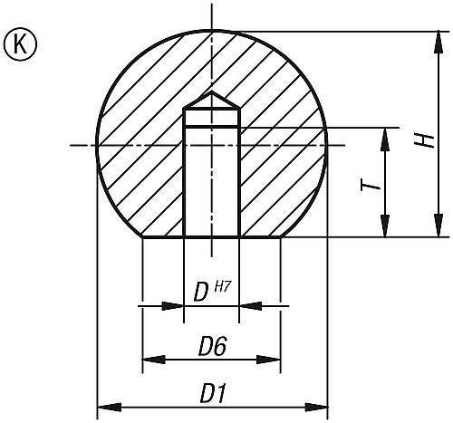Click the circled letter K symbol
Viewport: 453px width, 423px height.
tap(16, 42)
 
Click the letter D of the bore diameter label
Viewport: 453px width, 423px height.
tap(202, 293)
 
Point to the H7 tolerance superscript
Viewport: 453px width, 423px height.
tap(223, 286)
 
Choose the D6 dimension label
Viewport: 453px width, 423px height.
tap(212, 345)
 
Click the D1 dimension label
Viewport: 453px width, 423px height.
tap(213, 393)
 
